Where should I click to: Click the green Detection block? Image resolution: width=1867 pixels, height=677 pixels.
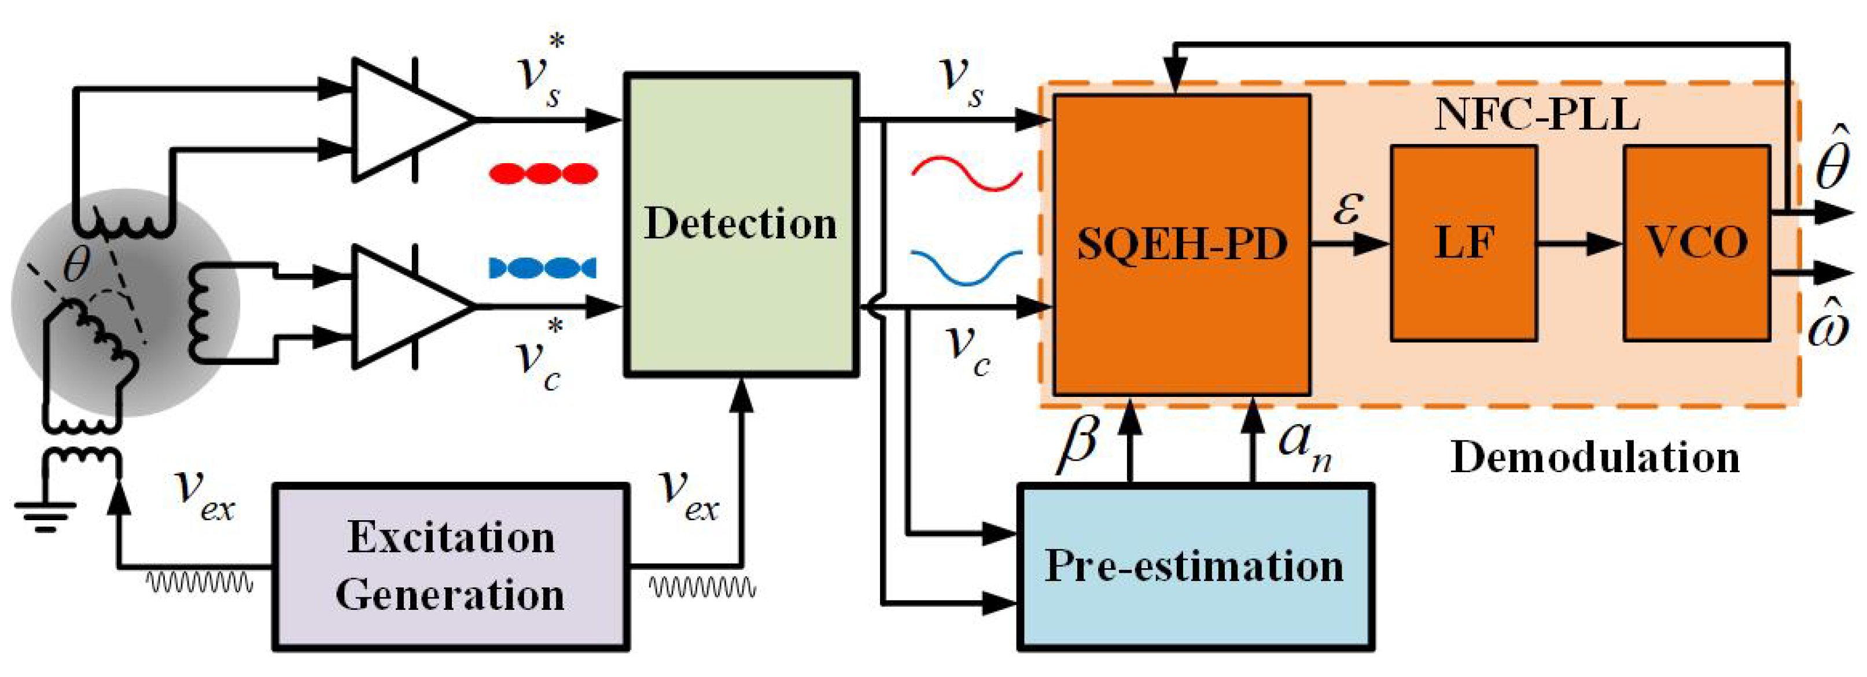(741, 225)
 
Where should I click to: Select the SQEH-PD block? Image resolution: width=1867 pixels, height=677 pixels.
(1181, 244)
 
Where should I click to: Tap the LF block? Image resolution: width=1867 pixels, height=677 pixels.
(1463, 243)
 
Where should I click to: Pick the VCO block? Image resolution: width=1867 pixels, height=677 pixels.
(1696, 243)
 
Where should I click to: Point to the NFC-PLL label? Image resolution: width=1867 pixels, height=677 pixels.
(1537, 115)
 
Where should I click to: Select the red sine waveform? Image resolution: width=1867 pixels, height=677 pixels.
(966, 173)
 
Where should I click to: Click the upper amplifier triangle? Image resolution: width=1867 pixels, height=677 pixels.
(406, 120)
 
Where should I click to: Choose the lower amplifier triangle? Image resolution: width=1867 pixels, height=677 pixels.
(406, 306)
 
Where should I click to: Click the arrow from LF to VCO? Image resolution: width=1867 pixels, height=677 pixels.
(1580, 244)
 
